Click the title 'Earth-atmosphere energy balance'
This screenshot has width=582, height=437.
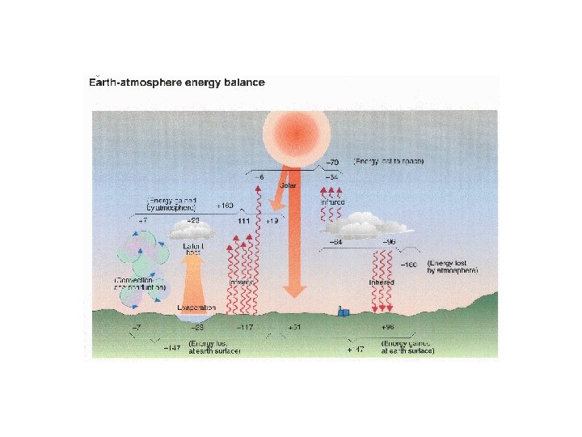tap(176, 83)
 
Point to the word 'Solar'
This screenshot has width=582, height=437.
tap(288, 185)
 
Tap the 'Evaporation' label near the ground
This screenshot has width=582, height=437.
tap(196, 308)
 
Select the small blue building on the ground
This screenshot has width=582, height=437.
tap(344, 312)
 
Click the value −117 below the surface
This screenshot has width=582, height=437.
tap(244, 328)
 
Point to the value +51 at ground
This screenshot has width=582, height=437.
tap(295, 328)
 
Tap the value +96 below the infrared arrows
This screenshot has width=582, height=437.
tap(387, 328)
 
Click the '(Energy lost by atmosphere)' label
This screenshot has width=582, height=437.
tap(453, 267)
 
